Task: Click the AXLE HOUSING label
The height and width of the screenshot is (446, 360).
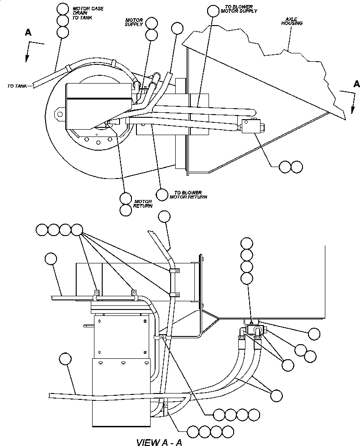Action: (x=292, y=21)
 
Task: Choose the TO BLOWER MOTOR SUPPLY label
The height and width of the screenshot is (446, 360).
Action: (x=241, y=9)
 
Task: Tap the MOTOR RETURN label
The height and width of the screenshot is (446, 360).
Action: (x=142, y=204)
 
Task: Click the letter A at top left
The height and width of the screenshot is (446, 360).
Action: (x=28, y=32)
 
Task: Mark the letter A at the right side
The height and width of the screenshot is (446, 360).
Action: (x=356, y=84)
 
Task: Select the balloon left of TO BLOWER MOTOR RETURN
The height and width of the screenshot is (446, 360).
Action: (x=162, y=194)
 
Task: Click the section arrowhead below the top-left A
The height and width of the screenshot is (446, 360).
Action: (x=27, y=58)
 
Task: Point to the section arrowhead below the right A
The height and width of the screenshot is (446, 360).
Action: (x=352, y=110)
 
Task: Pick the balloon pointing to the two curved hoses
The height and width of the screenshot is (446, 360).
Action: (x=276, y=394)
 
